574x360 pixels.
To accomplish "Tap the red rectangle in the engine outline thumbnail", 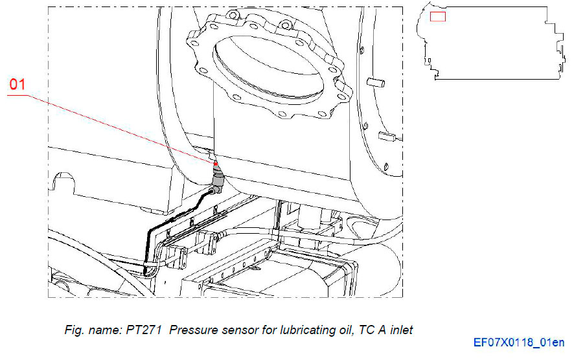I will pyautogui.click(x=438, y=16).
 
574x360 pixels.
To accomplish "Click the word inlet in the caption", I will pyautogui.click(x=399, y=330).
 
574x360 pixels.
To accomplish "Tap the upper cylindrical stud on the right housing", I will pyautogui.click(x=375, y=82).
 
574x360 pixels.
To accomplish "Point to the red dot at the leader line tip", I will pyautogui.click(x=214, y=163).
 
